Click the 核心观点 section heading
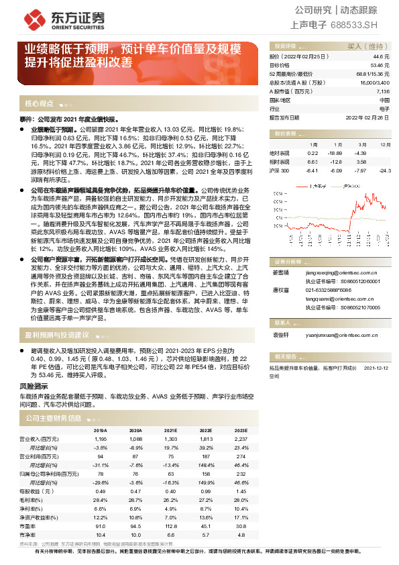coord(39,104)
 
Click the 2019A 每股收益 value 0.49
coord(100,492)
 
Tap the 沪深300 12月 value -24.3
coord(383,170)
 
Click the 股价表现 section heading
coord(281,134)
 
